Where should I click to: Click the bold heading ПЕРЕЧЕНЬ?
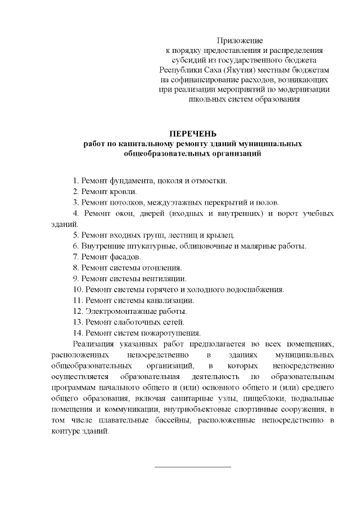point(193,133)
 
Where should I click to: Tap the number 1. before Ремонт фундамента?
point(76,181)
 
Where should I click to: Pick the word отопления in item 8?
point(163,268)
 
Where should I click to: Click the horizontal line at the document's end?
point(192,466)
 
